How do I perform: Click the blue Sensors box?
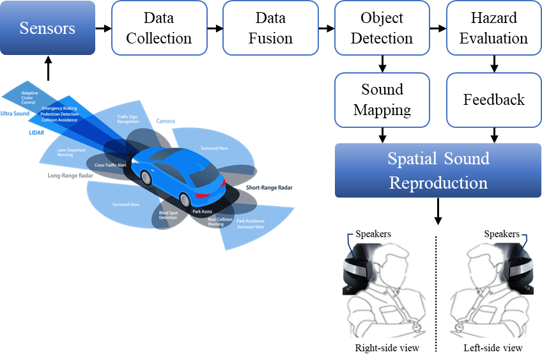[48, 27]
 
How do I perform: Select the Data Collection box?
[159, 27]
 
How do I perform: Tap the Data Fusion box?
[270, 27]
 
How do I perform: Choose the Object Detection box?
[382, 27]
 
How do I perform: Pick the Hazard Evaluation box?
[493, 27]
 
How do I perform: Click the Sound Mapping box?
[382, 99]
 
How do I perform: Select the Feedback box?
[493, 99]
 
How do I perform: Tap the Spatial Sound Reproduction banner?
[438, 170]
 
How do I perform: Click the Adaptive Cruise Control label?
[29, 98]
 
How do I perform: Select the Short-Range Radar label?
[269, 187]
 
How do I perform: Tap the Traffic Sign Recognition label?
[128, 119]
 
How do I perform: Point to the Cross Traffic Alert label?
[111, 165]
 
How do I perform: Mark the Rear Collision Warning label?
[221, 222]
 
